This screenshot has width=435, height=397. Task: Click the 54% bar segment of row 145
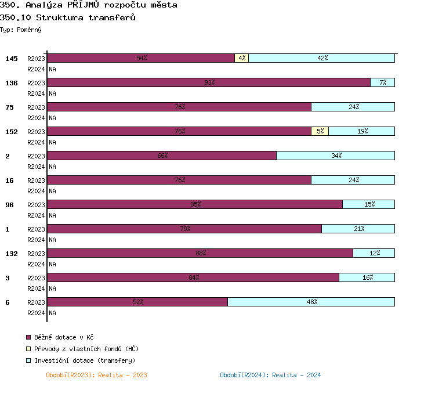coord(141,58)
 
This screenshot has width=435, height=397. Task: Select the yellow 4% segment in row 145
coord(242,58)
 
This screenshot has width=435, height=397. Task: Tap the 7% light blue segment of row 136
coord(383,82)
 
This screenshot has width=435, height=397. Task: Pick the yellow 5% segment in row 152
coord(320,131)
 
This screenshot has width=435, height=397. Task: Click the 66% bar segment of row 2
coord(162,156)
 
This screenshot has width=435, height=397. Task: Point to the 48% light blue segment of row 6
coord(311,302)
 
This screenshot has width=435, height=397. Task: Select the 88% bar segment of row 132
coord(200,253)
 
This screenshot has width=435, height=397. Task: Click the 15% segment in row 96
coord(369,204)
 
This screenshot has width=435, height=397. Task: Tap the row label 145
coord(12,59)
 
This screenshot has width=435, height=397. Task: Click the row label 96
coord(9,205)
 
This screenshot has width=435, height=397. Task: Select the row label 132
coord(12,254)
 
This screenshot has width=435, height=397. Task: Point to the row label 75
coord(9,107)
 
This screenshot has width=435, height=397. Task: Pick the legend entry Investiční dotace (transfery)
coord(84,360)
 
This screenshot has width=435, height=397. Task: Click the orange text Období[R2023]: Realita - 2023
coord(96,375)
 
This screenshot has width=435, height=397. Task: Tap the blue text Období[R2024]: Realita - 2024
coord(270,375)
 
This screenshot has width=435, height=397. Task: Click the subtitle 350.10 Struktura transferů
coord(68,17)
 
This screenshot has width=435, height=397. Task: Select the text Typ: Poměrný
coord(21,30)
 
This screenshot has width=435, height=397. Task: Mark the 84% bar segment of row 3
coord(193,277)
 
